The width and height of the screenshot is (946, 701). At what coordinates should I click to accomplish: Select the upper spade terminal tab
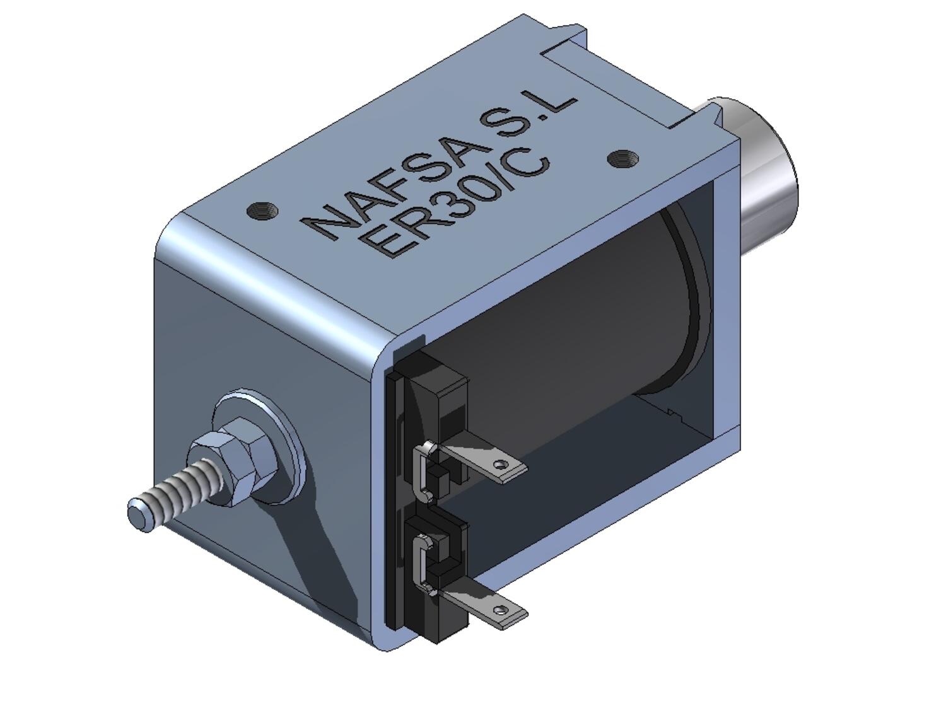click(x=486, y=463)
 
